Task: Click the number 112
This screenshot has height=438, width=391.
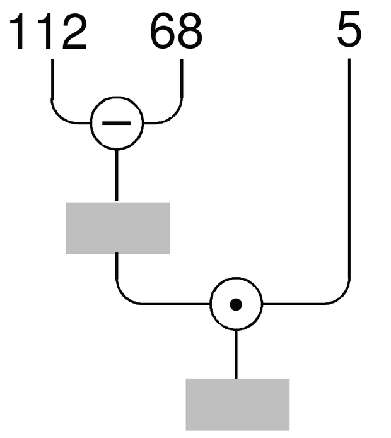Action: coord(48,32)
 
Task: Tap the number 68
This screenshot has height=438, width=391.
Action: coord(177,32)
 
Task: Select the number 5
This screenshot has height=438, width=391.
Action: coord(349,29)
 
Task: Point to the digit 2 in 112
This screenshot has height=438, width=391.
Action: coord(74,32)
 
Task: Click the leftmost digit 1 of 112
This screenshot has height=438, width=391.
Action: coord(17,32)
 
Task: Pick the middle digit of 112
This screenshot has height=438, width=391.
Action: coord(46,32)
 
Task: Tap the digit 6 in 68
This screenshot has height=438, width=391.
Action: coord(163,32)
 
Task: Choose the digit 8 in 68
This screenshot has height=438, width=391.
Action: coord(190,32)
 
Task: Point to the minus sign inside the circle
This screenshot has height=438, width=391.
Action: coord(117,123)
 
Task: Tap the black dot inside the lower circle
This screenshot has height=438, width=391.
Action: coord(236,304)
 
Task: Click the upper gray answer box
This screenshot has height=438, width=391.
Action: coord(118,228)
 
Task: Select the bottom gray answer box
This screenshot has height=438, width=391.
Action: coord(238,405)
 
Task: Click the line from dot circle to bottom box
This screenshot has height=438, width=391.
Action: coord(236,354)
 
